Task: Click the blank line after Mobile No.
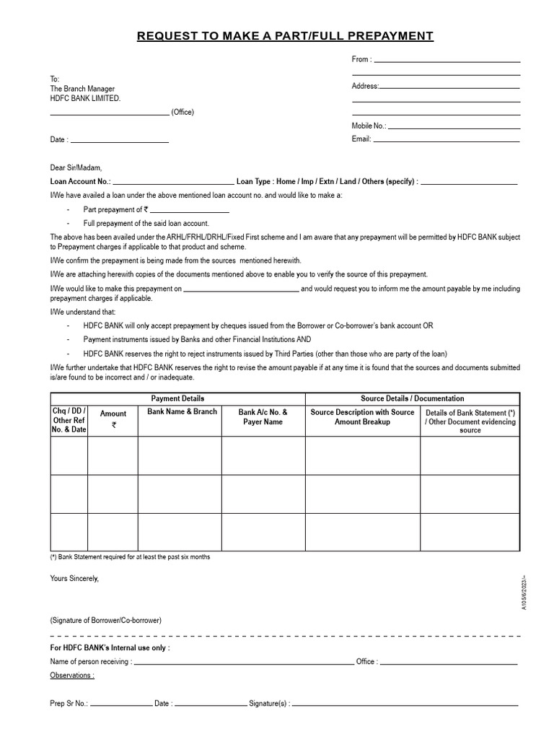[x=454, y=128]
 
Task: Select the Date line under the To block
[x=119, y=141]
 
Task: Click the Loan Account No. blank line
[x=173, y=184]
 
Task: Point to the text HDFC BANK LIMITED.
[x=85, y=98]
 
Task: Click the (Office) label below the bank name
[x=183, y=113]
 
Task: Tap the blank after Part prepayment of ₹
[x=190, y=211]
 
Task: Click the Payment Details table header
[x=177, y=398]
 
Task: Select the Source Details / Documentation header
[x=413, y=398]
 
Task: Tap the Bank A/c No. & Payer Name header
[x=263, y=417]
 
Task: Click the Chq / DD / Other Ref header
[x=69, y=420]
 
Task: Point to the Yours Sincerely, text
[x=74, y=579]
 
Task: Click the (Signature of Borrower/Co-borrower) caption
[x=106, y=621]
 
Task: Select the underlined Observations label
[x=71, y=675]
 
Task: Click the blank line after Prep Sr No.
[x=120, y=704]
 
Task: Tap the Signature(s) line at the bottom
[x=405, y=704]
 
